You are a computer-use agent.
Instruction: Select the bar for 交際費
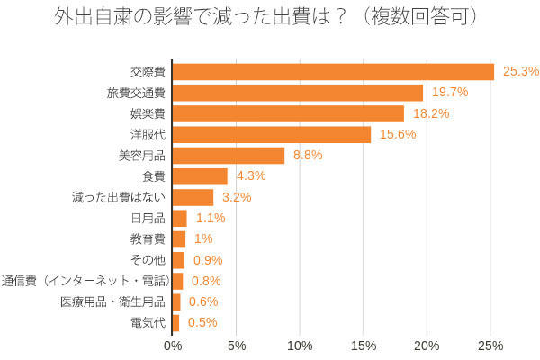pos(333,71)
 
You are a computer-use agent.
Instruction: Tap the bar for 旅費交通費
pos(298,93)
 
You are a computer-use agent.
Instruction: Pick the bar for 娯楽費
pos(288,113)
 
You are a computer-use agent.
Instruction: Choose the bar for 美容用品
pos(229,156)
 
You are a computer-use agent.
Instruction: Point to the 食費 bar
pos(200,176)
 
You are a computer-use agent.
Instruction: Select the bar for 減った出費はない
pos(193,197)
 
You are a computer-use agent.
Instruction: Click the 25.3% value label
pos(521,71)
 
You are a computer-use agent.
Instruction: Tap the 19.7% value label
pos(450,93)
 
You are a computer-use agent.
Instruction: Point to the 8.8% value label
pos(308,156)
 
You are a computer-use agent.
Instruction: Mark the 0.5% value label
pos(202,322)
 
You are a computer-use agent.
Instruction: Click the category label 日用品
pos(148,218)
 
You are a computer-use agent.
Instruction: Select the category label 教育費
pos(148,238)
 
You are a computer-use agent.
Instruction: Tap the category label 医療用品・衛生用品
pos(112,301)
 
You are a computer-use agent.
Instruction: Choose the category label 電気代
pos(148,322)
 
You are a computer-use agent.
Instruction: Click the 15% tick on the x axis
pos(363,346)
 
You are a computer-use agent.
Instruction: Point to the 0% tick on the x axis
pos(172,346)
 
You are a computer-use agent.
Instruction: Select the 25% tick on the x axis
pos(490,346)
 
